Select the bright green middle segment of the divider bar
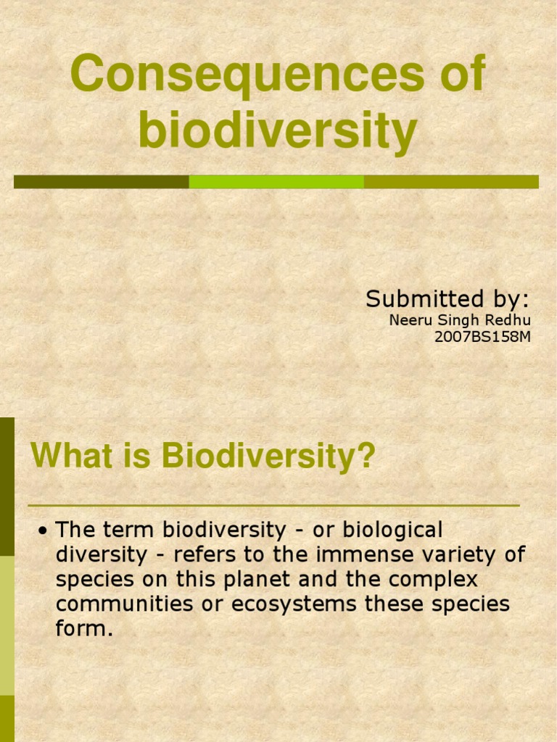(276, 182)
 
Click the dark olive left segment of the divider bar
(101, 182)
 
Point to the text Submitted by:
(447, 299)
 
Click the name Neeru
(410, 321)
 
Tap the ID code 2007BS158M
(482, 337)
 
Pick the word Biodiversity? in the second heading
(268, 457)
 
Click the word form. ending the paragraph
(84, 629)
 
